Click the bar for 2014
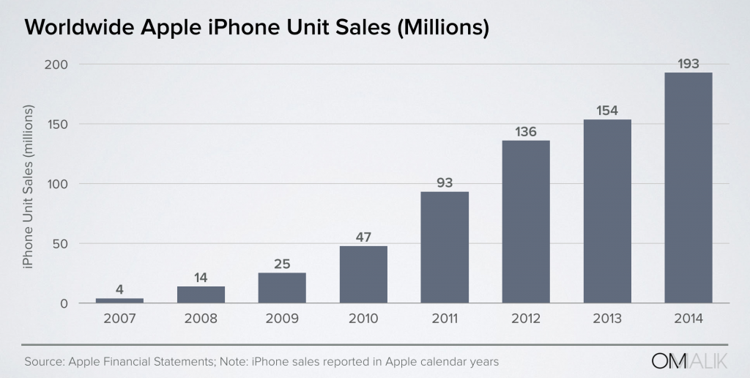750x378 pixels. [688, 188]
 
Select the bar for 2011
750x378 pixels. [445, 247]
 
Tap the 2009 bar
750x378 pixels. [282, 288]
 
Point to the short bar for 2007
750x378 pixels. [119, 300]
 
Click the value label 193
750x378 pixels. [688, 64]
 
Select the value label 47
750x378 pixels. [363, 237]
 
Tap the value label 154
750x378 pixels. [606, 111]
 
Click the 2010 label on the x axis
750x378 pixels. [363, 319]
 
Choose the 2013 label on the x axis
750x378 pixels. [606, 319]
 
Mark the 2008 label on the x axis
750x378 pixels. [201, 319]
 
